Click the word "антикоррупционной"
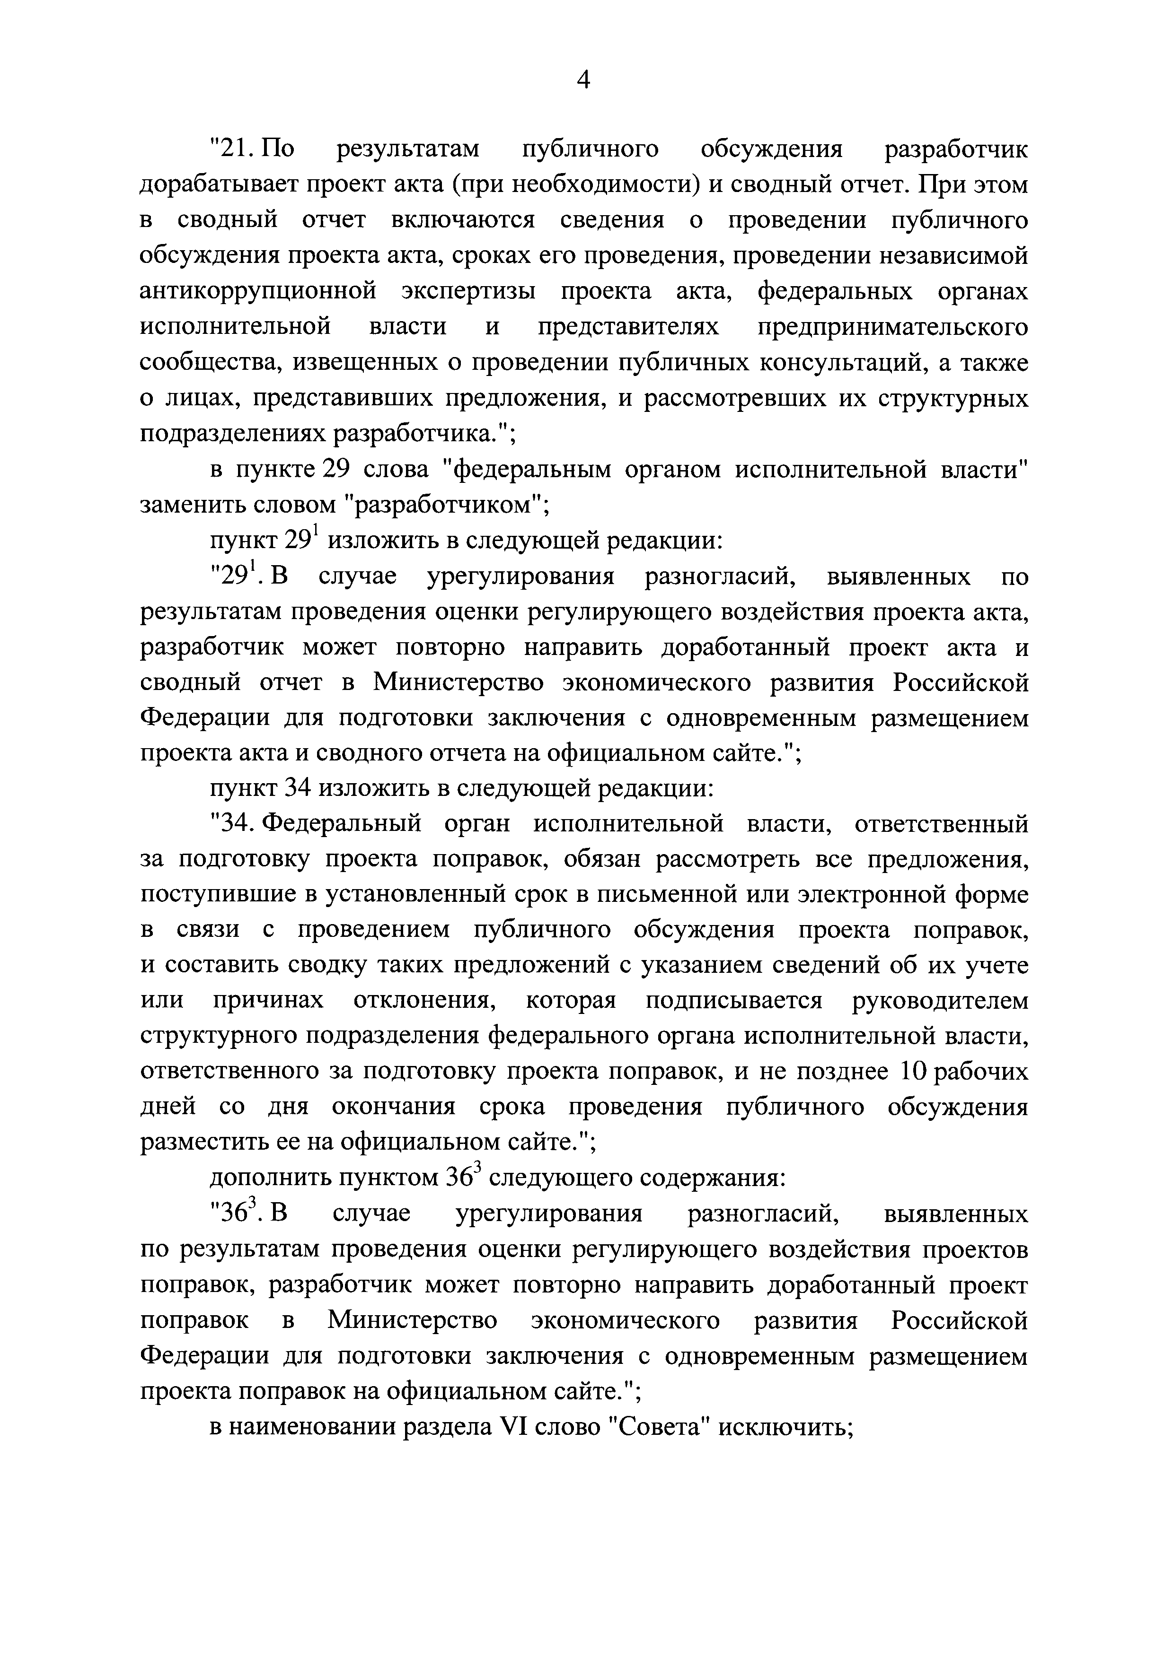point(258,292)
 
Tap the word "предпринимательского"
point(892,327)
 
